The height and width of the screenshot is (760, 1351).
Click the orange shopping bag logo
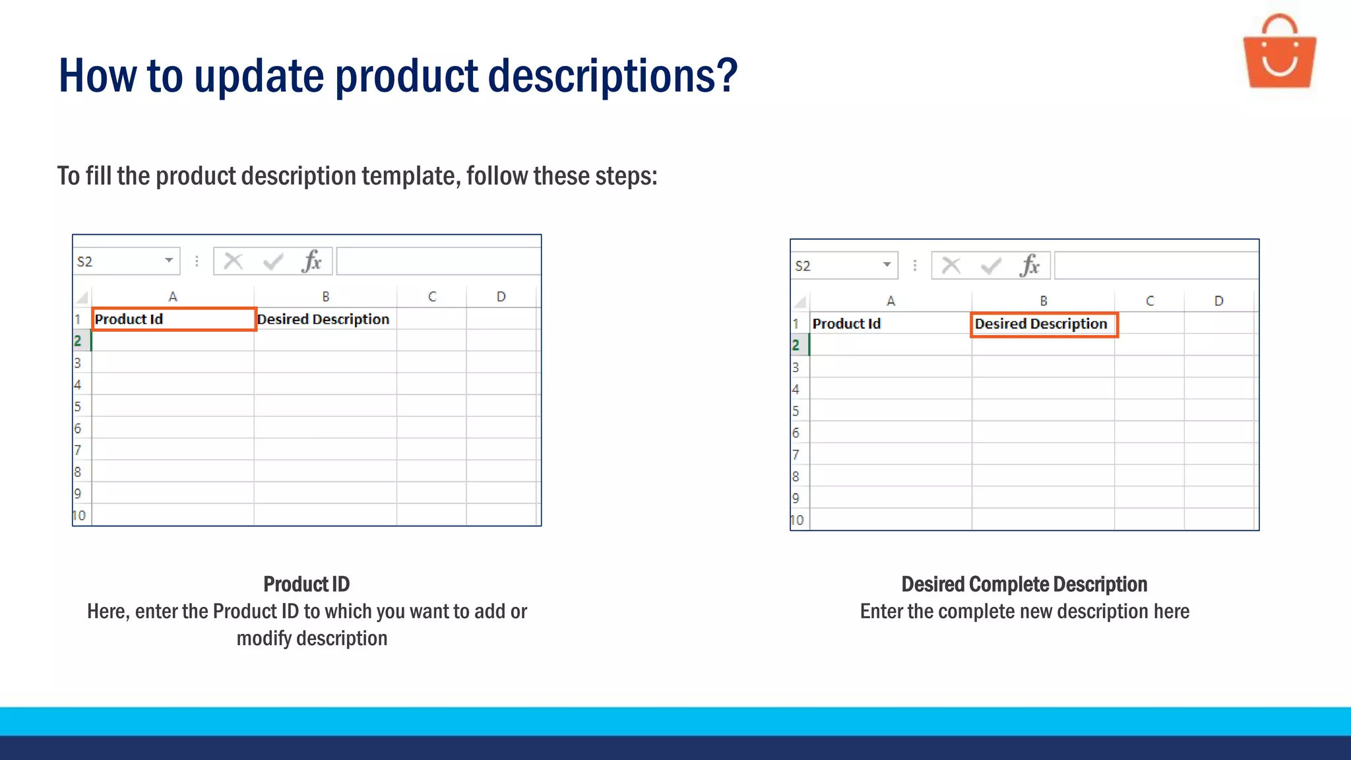tap(1279, 53)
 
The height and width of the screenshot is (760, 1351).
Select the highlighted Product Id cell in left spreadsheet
tap(173, 319)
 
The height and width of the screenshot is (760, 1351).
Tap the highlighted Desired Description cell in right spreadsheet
tap(1043, 324)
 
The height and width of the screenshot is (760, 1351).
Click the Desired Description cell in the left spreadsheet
tap(324, 319)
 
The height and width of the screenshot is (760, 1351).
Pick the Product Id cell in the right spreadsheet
tap(890, 324)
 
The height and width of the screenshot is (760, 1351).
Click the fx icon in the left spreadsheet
tap(311, 262)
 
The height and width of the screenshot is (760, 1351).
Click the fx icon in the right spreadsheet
tap(1029, 266)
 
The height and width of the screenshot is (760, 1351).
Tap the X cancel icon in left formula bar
tap(234, 262)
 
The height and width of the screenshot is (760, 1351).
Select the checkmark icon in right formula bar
tap(991, 266)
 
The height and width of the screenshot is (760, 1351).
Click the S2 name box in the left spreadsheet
tap(119, 262)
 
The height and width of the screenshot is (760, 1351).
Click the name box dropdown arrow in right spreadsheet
tap(887, 265)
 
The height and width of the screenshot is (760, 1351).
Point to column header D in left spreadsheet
tap(501, 297)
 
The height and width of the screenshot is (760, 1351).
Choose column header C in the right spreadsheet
tap(1150, 301)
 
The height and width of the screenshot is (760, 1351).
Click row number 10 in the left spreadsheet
tap(80, 515)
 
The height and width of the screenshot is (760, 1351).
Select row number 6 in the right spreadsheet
tap(796, 433)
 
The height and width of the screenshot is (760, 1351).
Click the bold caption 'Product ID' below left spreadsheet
tap(307, 584)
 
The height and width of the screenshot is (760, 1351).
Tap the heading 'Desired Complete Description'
tap(1024, 584)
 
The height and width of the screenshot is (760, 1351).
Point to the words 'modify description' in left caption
tap(312, 639)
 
